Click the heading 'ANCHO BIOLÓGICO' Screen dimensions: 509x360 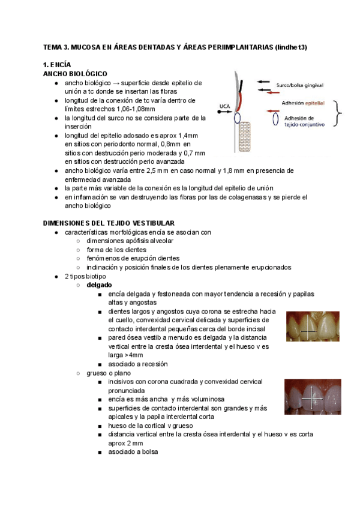click(75, 73)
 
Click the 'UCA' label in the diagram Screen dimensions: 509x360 click(224, 106)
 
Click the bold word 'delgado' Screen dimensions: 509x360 click(99, 285)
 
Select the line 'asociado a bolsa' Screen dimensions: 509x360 click(133, 452)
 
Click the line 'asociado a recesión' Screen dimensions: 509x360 click(138, 364)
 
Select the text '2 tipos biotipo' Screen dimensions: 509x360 click(85, 276)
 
